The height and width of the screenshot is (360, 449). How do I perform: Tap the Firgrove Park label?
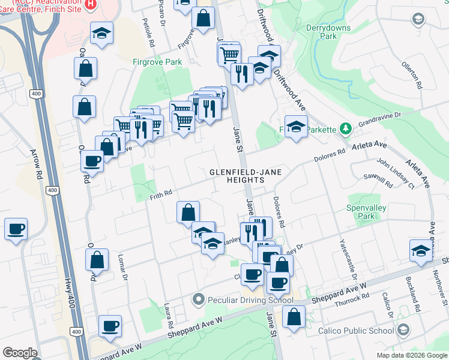pos(157,62)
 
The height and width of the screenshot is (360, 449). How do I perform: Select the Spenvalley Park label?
pos(369,212)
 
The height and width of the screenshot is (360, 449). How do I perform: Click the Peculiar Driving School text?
pos(250,299)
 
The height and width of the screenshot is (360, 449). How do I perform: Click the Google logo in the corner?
pos(20,353)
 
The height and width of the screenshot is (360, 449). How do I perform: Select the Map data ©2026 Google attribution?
pos(412,355)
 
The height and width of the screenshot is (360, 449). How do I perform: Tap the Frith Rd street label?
pos(161,192)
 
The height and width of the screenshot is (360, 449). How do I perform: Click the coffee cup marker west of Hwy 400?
pos(16,229)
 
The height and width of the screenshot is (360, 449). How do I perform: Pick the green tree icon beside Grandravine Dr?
pos(346,128)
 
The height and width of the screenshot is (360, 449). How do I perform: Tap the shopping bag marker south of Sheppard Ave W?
pos(294,317)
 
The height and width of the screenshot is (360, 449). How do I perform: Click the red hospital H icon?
pos(90,4)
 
